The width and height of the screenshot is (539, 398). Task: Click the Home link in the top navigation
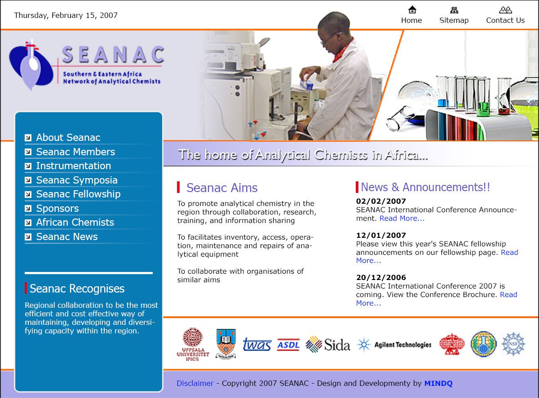tap(411, 20)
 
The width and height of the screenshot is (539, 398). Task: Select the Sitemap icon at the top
tap(454, 10)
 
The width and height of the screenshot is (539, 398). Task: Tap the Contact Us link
tap(505, 20)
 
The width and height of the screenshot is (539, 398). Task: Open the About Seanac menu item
tap(68, 137)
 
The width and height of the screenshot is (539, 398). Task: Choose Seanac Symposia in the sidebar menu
tap(77, 180)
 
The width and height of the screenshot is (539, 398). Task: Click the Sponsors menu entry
tap(57, 208)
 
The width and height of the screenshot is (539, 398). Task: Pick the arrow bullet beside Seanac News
tap(28, 237)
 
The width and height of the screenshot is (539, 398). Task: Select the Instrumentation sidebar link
tap(73, 166)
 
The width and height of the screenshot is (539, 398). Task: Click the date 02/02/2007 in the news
tap(381, 201)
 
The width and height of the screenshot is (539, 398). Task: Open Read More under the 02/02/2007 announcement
tap(402, 219)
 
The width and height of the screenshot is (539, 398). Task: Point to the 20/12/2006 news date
tap(381, 277)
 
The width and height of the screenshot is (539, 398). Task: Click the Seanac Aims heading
tap(222, 188)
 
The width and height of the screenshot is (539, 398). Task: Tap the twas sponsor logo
tap(257, 344)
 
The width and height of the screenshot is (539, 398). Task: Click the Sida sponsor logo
tap(328, 344)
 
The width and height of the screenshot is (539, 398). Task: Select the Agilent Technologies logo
tap(394, 345)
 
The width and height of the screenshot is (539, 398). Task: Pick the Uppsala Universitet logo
tap(193, 344)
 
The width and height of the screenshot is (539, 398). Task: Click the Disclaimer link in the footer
tap(195, 383)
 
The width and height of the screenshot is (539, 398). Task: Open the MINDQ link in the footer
tap(438, 383)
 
